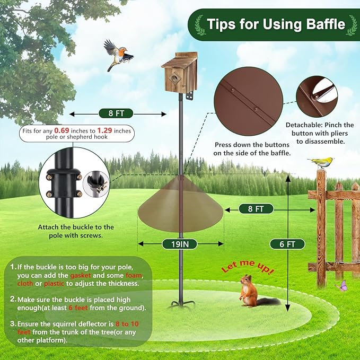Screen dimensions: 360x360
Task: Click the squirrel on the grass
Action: click(249, 292)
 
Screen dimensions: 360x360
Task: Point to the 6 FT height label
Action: click(287, 244)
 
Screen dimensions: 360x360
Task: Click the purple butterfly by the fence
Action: click(340, 285)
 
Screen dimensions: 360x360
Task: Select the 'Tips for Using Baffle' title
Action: click(276, 24)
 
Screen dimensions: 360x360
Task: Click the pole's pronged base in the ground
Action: click(181, 304)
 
